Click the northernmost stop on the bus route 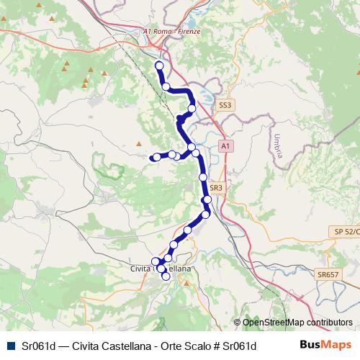coord(159,66)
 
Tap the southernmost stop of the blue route coord(166,276)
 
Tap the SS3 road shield coord(225,105)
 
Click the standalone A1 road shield coord(226,146)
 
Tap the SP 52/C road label coord(346,231)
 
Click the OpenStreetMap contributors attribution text coord(297,323)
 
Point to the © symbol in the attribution coord(237,323)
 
